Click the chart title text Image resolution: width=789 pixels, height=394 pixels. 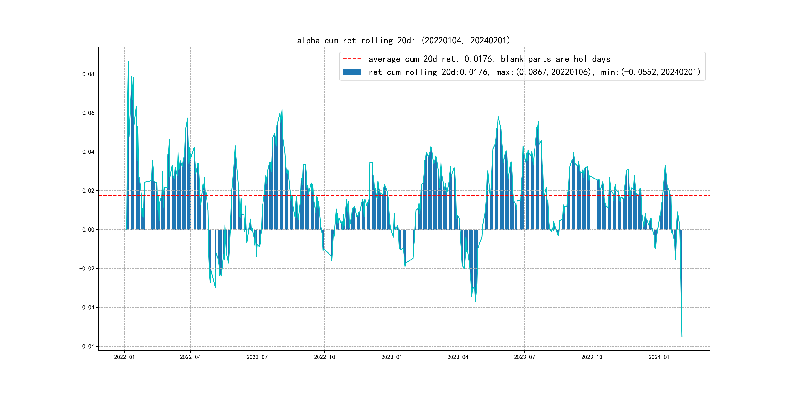(403, 40)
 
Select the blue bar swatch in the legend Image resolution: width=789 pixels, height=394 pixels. (352, 72)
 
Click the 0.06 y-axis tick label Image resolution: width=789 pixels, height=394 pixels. (88, 113)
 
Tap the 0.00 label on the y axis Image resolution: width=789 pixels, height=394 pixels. (88, 230)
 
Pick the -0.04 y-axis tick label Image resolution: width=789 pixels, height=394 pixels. (87, 307)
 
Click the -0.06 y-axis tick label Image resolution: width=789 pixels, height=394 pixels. (87, 346)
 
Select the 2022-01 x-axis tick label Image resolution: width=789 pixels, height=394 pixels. (124, 357)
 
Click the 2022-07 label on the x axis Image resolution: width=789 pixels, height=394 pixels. (257, 357)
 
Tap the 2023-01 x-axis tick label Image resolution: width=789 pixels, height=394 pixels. (391, 357)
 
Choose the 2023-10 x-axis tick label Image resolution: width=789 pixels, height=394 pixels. (592, 357)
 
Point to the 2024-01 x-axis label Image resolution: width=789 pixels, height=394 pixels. (659, 357)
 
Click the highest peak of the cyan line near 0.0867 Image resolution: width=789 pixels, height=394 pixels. (128, 61)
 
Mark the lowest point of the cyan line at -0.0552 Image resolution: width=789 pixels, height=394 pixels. (682, 337)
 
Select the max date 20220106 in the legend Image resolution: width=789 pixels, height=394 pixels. (571, 72)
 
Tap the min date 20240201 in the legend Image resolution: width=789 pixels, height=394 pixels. (680, 72)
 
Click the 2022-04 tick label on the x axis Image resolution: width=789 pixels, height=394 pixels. (190, 357)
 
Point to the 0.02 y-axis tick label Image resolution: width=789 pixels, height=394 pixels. (88, 191)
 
